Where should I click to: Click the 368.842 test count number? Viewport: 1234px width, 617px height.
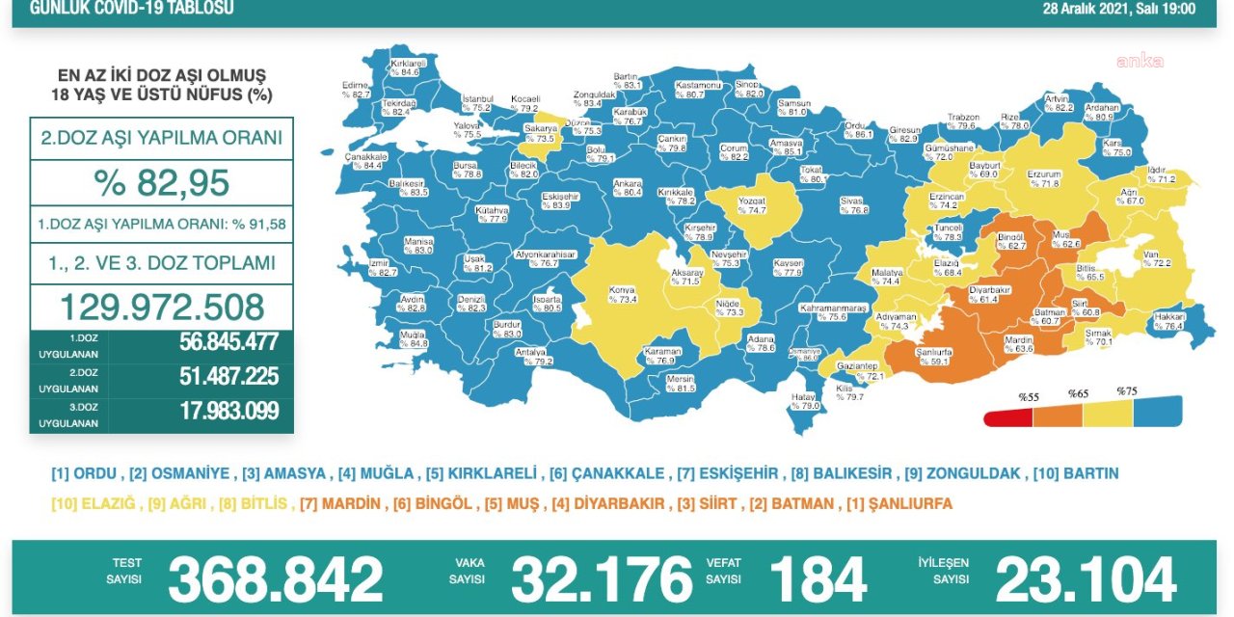tap(275, 580)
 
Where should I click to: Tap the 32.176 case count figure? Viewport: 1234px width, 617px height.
tap(602, 580)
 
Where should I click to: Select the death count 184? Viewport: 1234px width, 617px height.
tap(818, 580)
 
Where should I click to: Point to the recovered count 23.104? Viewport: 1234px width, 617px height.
tap(1086, 580)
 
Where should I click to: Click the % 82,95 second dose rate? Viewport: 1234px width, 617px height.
tap(161, 182)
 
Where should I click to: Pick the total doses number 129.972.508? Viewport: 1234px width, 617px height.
tap(161, 307)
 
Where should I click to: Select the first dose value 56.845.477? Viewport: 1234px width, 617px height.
tap(228, 342)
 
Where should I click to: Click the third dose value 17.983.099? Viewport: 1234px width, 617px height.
tap(228, 411)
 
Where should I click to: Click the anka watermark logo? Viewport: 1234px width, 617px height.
tap(1140, 61)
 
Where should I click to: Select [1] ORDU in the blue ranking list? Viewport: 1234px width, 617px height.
tap(86, 473)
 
